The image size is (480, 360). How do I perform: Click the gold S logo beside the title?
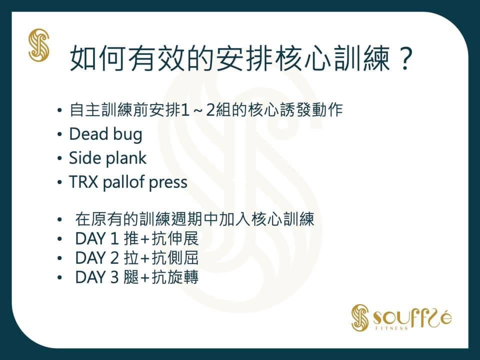(x=38, y=45)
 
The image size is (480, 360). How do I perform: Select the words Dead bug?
(x=105, y=134)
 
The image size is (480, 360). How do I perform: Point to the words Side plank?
(x=107, y=158)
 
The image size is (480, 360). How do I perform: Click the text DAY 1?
(x=96, y=239)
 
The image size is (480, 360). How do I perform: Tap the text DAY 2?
(x=96, y=258)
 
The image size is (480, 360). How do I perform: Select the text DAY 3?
(x=96, y=277)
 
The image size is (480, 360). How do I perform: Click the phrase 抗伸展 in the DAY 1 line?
(x=175, y=238)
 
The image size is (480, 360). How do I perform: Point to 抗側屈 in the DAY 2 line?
(x=175, y=258)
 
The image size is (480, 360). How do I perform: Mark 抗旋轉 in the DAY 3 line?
(x=175, y=277)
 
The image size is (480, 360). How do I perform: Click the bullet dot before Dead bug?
(x=59, y=134)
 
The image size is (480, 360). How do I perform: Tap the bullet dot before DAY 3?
(x=59, y=277)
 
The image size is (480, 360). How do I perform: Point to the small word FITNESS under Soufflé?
(x=392, y=328)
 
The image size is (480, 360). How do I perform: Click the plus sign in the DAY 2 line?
(x=145, y=258)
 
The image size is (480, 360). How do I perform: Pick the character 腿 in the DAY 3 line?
(x=131, y=277)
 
